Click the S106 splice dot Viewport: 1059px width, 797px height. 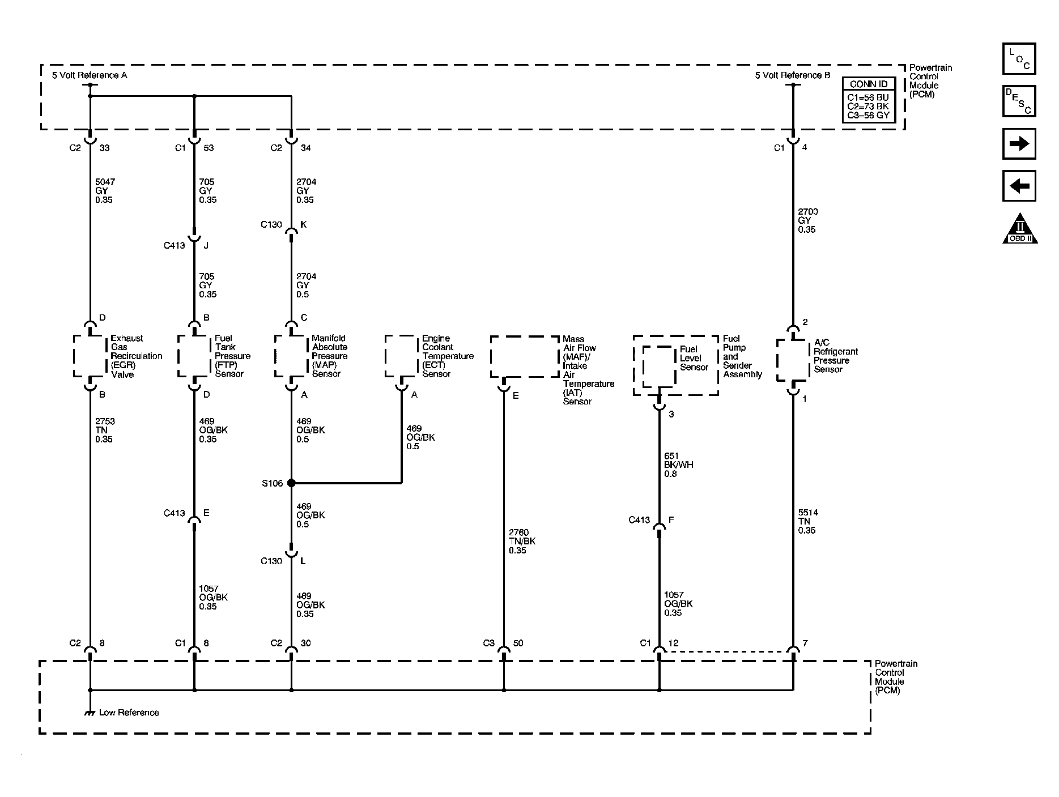[291, 483]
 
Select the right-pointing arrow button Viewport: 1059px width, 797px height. [1019, 144]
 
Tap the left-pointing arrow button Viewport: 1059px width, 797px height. [1019, 186]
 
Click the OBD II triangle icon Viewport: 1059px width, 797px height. [1019, 229]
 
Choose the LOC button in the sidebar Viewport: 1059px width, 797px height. [1019, 59]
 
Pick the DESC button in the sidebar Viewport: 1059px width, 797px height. [1019, 101]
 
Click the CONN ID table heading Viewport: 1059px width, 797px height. [869, 84]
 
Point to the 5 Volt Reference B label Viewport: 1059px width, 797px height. [792, 75]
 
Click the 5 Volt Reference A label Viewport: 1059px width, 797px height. [90, 75]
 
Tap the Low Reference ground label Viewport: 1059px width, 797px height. [129, 713]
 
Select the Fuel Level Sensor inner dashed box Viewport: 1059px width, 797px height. [659, 366]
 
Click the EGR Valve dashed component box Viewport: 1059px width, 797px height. [90, 356]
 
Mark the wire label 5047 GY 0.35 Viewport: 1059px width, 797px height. [105, 191]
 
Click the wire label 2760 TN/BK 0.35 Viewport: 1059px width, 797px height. [521, 541]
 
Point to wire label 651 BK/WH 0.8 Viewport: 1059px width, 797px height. [678, 464]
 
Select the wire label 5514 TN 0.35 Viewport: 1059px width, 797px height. [807, 521]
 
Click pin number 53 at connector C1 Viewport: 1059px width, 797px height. [209, 148]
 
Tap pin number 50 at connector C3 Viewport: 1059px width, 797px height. [518, 643]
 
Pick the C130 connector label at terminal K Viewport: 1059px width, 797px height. [271, 224]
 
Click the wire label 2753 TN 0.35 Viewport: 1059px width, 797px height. [105, 430]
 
